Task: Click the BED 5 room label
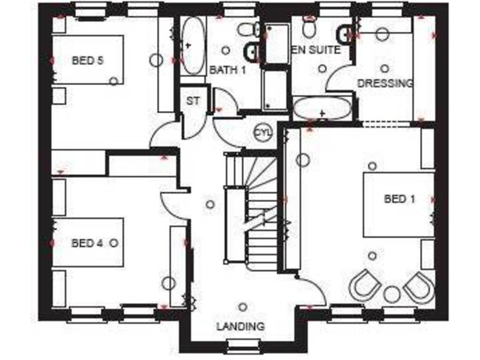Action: coord(87,61)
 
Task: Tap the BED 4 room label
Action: coord(87,243)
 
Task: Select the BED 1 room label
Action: coord(399,199)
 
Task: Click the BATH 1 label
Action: coord(227,69)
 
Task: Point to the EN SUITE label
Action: coord(316,49)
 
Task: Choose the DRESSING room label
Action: coord(385,82)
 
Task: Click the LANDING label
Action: coord(241,326)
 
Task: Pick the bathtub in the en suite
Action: coord(322,109)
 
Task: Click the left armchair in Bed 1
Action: coord(364,285)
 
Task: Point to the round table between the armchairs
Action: coord(392,293)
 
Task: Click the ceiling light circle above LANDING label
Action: coord(242,306)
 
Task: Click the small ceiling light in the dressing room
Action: coord(384,68)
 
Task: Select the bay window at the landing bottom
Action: coord(240,343)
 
